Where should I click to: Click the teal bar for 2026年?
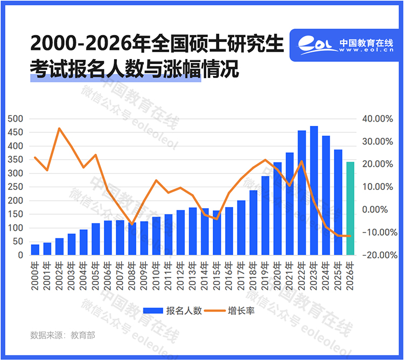click(350, 208)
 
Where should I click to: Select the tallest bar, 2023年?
click(314, 190)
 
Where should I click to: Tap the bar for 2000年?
click(35, 250)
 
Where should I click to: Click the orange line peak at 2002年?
click(59, 128)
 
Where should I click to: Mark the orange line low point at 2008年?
click(132, 224)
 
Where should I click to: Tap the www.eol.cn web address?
click(366, 51)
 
